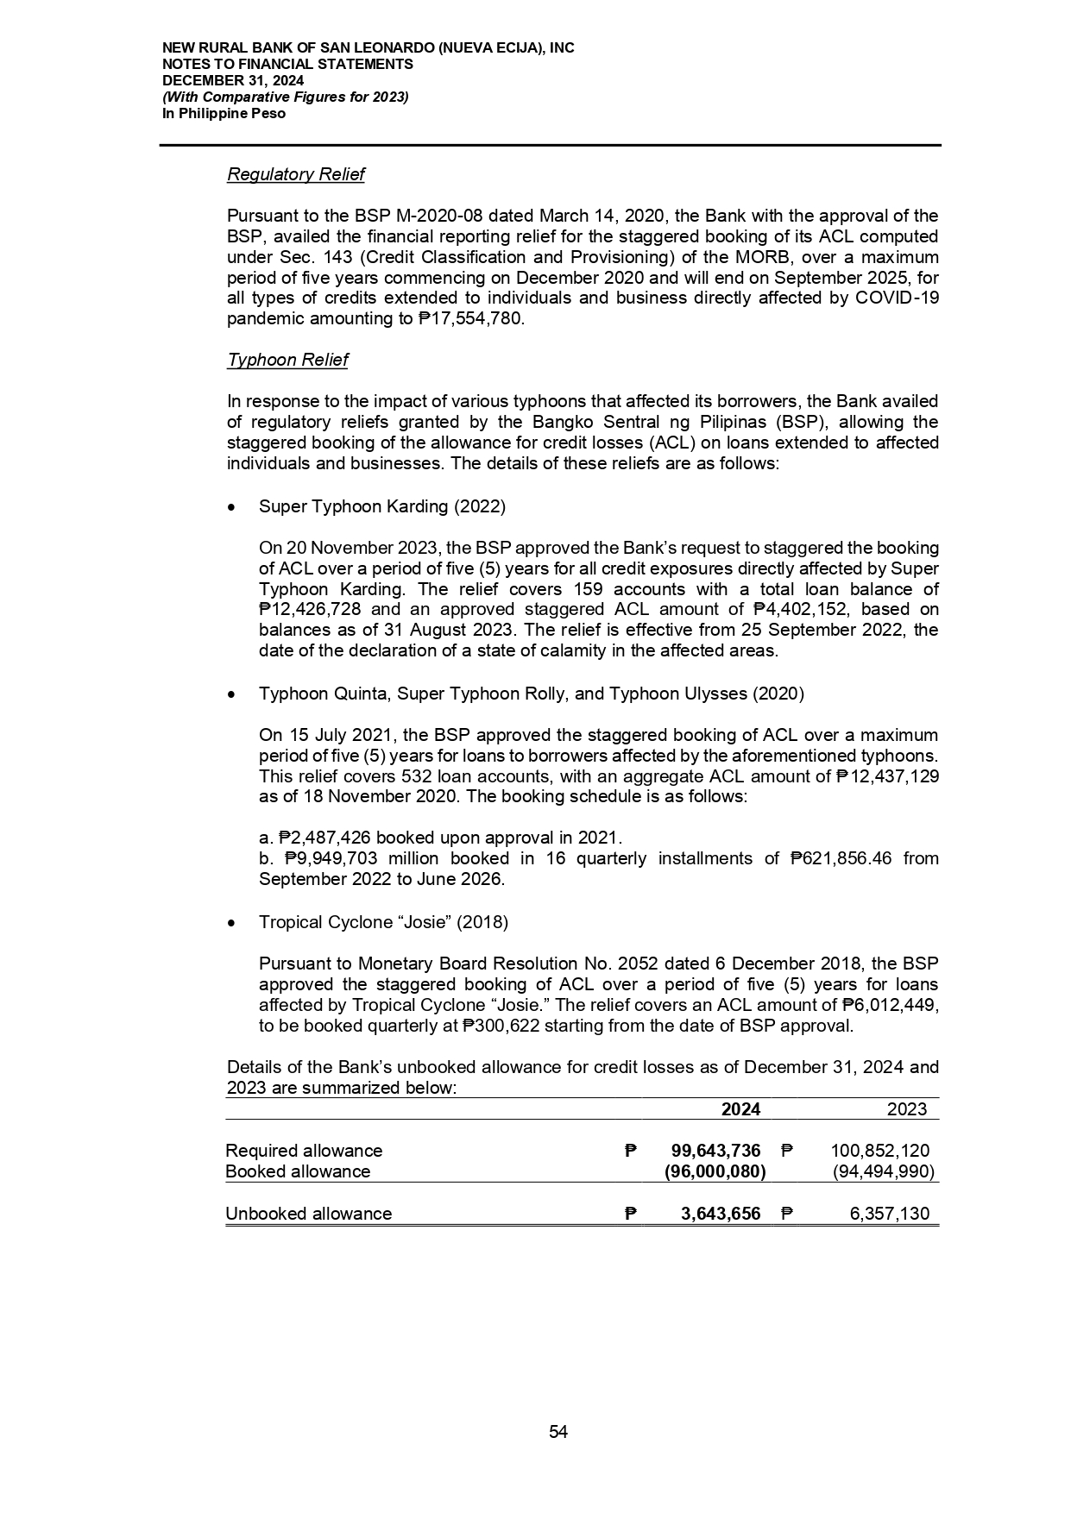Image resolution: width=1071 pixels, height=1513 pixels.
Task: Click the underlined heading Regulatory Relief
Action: [295, 174]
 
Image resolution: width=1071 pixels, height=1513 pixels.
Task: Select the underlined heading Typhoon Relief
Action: [287, 360]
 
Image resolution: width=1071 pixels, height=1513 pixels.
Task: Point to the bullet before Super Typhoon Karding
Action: [231, 507]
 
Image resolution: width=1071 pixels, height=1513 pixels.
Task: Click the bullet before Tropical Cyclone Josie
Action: [231, 923]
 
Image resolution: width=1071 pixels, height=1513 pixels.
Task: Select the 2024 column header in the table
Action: [740, 1109]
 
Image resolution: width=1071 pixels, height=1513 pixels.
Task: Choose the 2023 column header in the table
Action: [907, 1109]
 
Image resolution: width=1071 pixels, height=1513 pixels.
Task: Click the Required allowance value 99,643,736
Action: [715, 1151]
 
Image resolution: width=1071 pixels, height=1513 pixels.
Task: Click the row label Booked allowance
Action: [298, 1171]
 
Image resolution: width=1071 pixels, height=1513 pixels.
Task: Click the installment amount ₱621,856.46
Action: [842, 858]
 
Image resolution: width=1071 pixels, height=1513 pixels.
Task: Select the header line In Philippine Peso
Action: [224, 113]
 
